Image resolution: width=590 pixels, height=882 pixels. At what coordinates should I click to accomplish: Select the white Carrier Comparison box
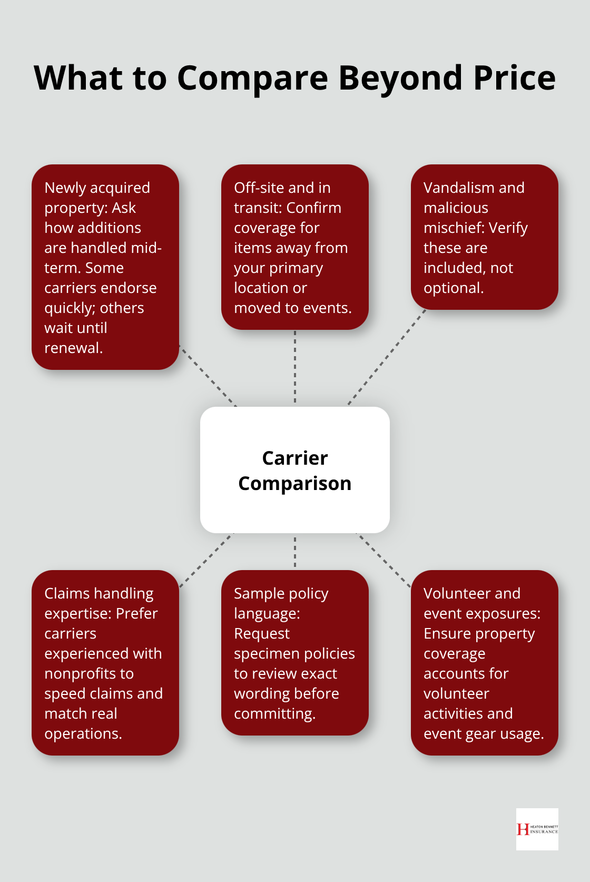click(x=295, y=470)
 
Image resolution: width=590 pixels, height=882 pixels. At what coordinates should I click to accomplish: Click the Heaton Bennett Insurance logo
click(x=537, y=829)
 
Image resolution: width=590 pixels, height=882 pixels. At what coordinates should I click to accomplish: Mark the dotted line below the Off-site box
click(x=295, y=367)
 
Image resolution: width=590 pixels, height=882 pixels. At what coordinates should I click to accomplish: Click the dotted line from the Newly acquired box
click(x=208, y=376)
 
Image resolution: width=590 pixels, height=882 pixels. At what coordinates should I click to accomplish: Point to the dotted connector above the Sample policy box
click(x=295, y=552)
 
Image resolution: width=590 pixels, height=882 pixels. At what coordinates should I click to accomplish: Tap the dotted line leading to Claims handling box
click(x=205, y=560)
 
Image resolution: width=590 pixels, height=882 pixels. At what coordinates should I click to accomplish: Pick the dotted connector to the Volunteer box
click(x=383, y=560)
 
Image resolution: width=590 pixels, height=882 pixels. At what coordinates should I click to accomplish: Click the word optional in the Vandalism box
click(x=453, y=288)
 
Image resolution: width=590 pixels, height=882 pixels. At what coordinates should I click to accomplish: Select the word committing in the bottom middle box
click(x=274, y=713)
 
